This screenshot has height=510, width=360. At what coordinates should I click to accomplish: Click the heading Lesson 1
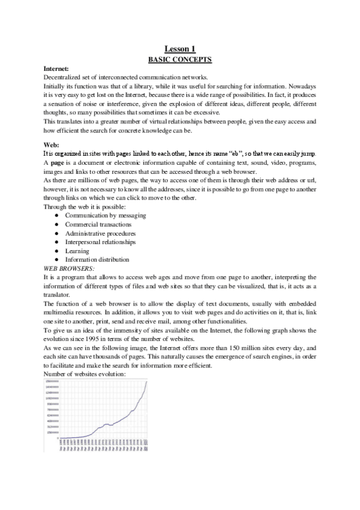180,48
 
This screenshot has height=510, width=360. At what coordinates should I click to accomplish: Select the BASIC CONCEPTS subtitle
180,59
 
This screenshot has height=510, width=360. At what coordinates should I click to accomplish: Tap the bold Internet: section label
56,69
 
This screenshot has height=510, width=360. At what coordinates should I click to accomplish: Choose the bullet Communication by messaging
105,215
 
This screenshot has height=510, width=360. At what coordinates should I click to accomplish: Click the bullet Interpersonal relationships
100,242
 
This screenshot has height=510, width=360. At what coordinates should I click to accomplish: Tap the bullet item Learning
77,251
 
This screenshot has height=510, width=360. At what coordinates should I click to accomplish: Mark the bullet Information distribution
97,259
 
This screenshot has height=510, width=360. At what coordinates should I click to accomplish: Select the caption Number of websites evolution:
85,374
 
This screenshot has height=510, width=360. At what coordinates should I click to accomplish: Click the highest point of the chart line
147,382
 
